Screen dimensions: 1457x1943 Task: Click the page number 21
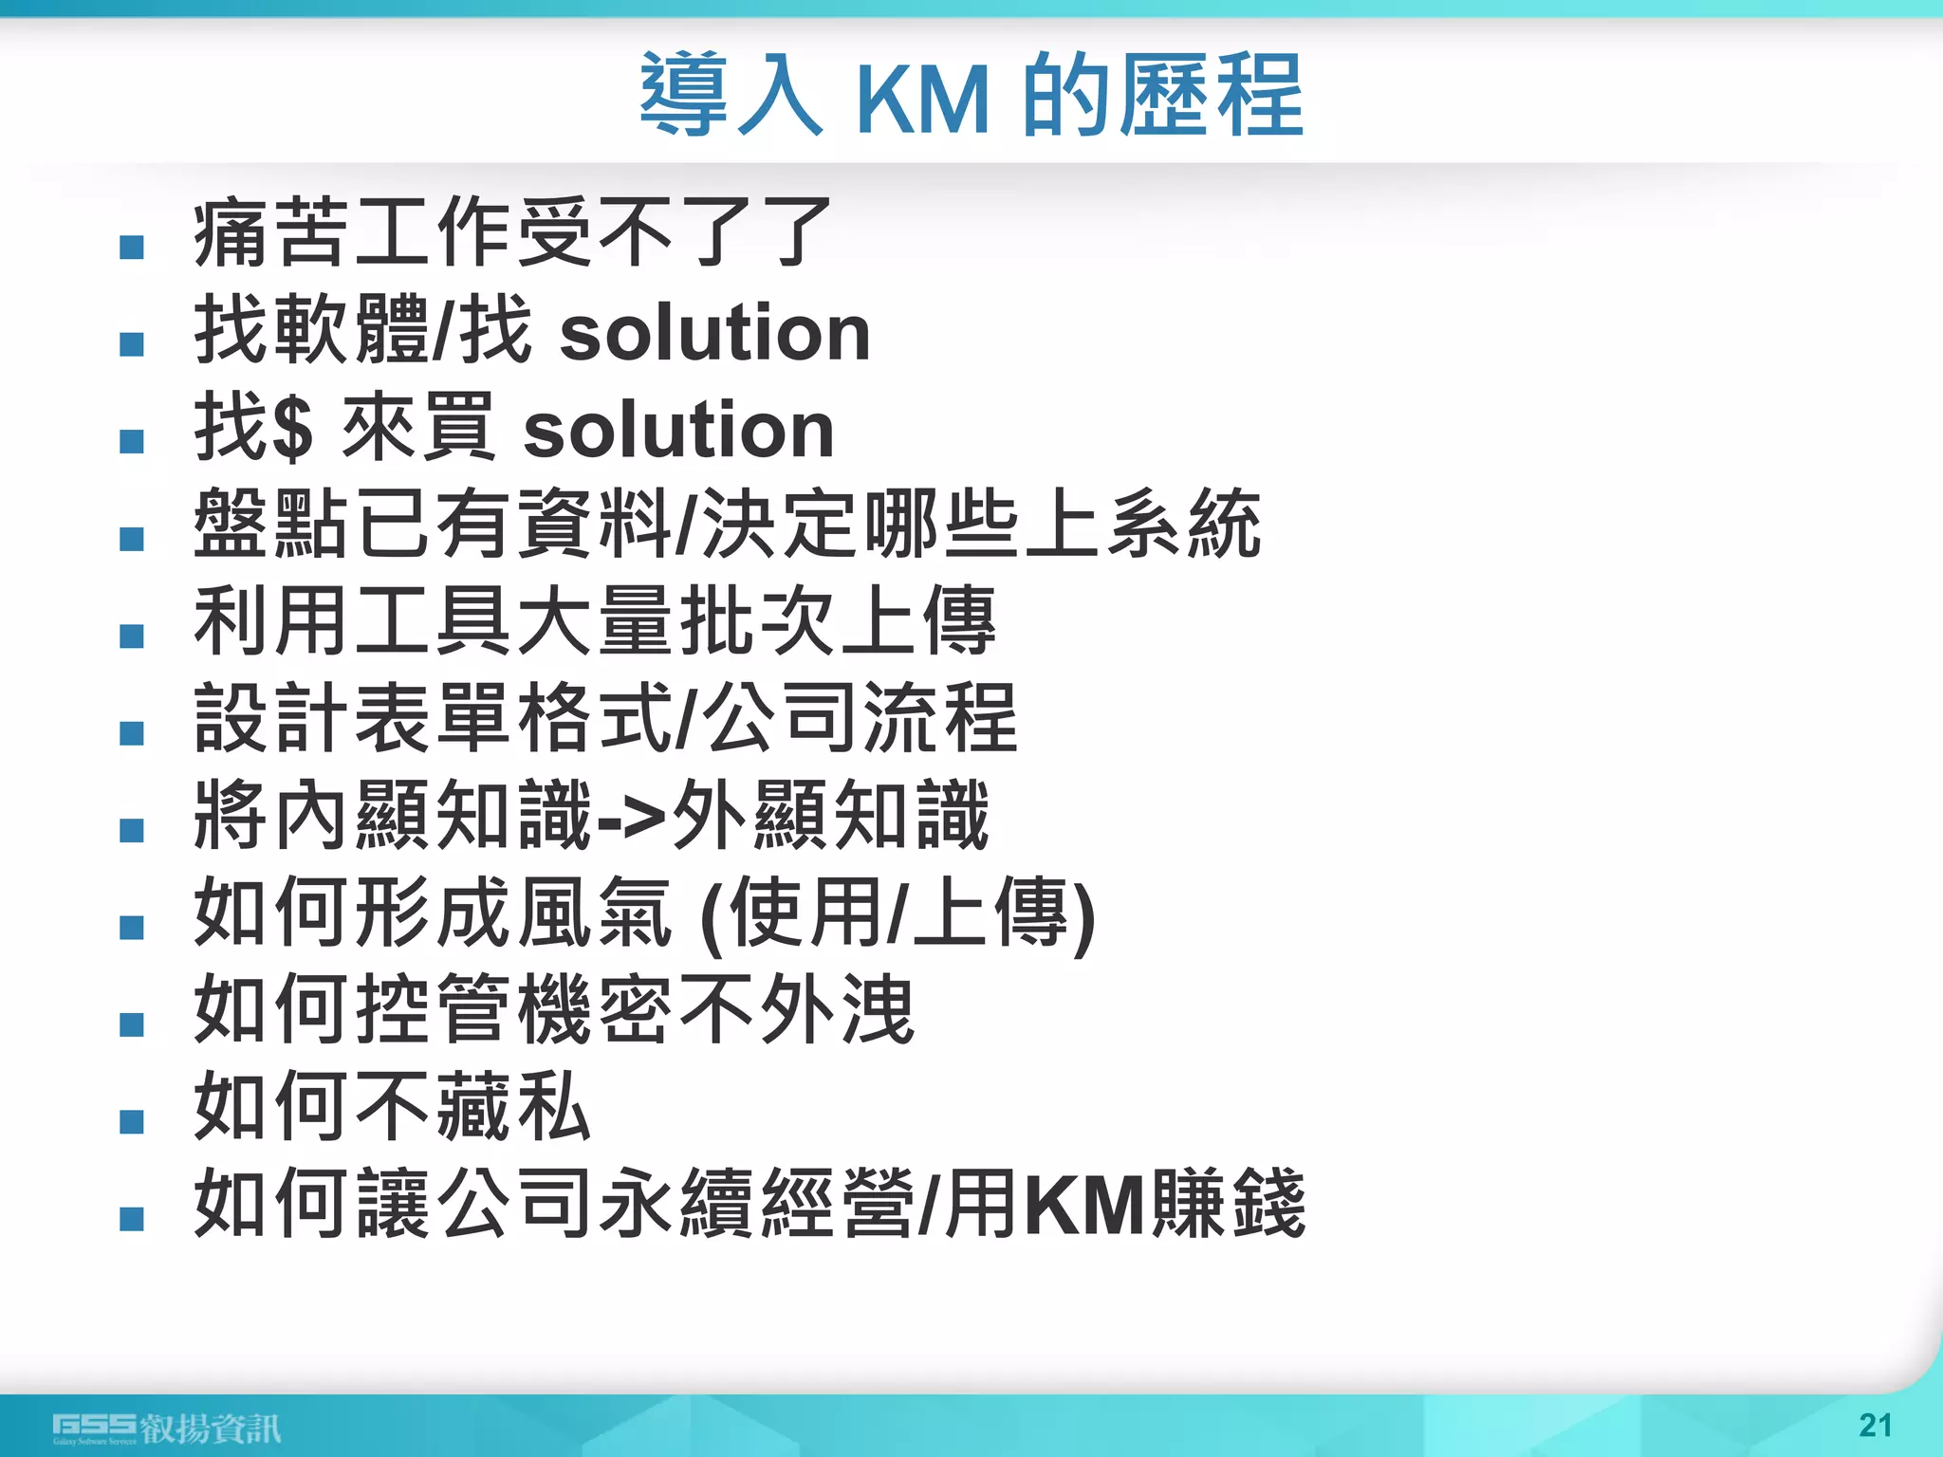tap(1875, 1425)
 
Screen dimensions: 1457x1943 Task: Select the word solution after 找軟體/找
tap(714, 333)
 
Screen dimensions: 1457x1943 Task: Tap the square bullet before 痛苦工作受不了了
tap(132, 248)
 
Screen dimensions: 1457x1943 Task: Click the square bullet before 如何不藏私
tap(132, 1122)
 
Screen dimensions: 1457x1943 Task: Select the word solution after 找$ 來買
tap(678, 430)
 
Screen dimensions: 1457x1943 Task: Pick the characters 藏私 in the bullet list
tap(513, 1107)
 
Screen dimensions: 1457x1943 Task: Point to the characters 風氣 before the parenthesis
tap(594, 913)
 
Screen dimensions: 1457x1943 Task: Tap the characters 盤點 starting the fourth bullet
tap(272, 525)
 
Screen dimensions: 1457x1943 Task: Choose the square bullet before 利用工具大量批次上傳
tap(132, 636)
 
